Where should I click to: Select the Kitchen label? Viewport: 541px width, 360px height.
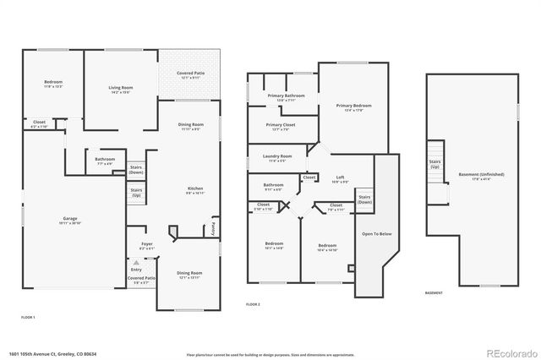(x=194, y=189)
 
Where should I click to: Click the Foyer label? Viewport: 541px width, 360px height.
(x=147, y=246)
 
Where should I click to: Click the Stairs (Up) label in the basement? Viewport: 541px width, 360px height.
(x=435, y=163)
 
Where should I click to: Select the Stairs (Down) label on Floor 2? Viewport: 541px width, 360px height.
(x=364, y=200)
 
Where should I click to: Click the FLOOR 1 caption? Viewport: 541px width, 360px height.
(x=28, y=316)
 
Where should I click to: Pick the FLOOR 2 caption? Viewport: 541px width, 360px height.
(x=253, y=303)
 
